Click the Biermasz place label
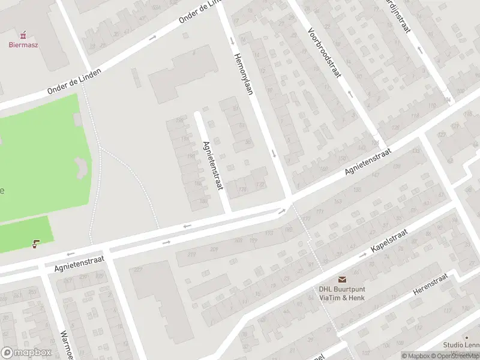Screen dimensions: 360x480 click(x=23, y=44)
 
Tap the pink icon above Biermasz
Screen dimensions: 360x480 click(x=23, y=34)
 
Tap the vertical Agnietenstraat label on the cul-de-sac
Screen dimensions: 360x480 click(x=213, y=166)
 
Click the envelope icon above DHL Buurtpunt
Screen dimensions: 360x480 click(x=342, y=280)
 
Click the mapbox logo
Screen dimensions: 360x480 click(x=26, y=353)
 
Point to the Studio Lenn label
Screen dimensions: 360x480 click(x=461, y=344)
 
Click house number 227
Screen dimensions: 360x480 click(x=138, y=269)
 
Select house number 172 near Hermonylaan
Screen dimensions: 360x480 click(x=259, y=185)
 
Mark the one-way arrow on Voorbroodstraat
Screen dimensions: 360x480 click(x=350, y=94)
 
